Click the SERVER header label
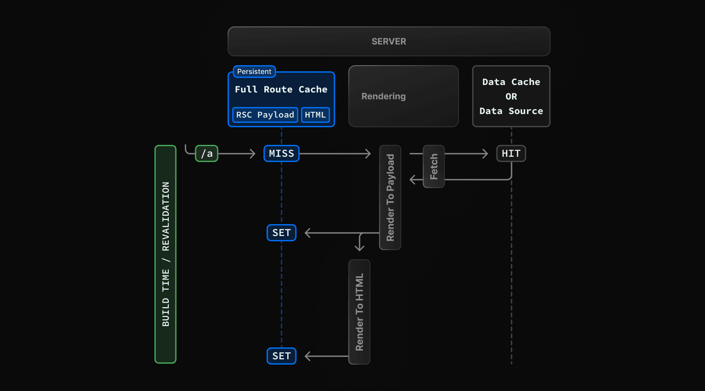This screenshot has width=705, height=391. coord(389,41)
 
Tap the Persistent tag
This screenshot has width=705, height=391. coord(254,71)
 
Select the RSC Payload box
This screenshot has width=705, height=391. coord(265,115)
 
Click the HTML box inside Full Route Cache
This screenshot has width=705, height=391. coord(315,115)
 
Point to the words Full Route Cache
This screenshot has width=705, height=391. coord(281,89)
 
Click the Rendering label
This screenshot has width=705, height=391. coord(383,96)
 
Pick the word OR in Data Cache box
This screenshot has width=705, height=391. coord(511,96)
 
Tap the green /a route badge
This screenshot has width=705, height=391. coord(207,154)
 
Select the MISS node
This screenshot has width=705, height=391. coord(281,154)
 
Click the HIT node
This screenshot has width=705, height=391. coord(511,154)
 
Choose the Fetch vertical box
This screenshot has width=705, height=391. coord(434,166)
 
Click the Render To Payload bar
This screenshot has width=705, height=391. coord(390,197)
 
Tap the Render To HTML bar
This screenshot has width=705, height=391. coord(359,312)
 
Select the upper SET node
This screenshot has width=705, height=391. coord(281,232)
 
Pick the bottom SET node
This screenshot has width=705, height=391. coord(281,356)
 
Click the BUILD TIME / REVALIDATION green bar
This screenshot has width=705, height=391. coord(165,254)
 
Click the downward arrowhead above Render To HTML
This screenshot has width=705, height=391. coord(360,248)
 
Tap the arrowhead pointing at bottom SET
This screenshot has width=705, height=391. coord(308,356)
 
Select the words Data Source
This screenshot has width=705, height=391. coord(511,111)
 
